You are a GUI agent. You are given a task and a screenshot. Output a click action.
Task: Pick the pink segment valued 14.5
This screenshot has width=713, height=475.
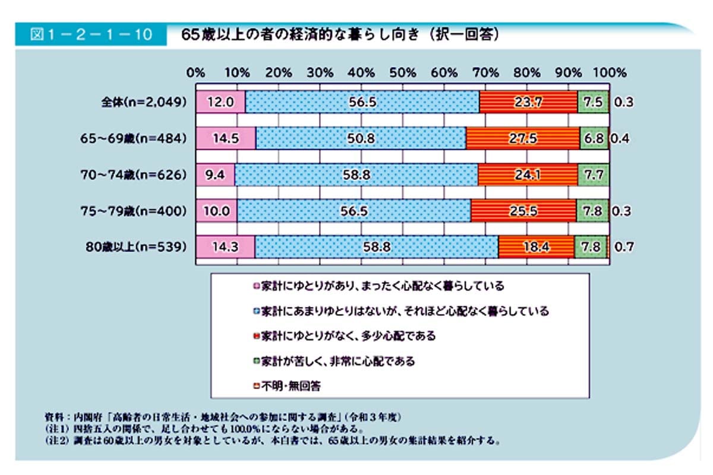click(x=226, y=138)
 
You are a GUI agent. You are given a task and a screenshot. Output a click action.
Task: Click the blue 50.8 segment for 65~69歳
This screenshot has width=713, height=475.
click(x=361, y=138)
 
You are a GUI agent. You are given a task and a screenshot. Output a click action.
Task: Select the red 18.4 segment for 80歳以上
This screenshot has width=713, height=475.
click(x=536, y=246)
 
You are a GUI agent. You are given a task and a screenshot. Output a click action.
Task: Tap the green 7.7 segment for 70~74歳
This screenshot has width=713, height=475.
click(x=592, y=175)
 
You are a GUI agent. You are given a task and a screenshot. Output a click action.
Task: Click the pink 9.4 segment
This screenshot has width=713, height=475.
click(x=215, y=175)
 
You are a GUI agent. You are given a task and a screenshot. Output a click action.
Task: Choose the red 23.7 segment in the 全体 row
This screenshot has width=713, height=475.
click(x=528, y=102)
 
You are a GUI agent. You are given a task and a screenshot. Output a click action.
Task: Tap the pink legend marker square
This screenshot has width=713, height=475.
click(x=256, y=286)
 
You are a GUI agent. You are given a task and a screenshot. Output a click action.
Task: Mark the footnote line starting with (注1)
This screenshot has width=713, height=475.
click(x=205, y=428)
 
